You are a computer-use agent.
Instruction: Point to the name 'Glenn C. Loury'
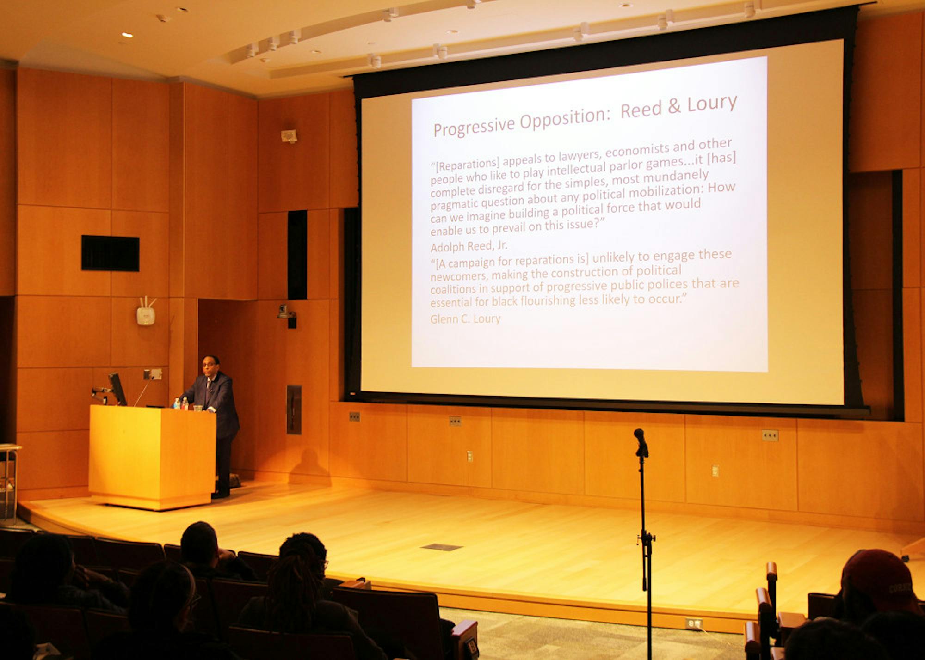[465, 319]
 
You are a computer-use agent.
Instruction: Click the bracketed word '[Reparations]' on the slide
[465, 165]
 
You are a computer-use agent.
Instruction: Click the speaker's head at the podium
[210, 365]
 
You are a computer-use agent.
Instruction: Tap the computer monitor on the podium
[117, 388]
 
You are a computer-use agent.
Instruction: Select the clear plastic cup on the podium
[198, 408]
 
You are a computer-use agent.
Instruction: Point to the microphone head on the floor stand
[641, 442]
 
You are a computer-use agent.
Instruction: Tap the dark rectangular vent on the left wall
[110, 253]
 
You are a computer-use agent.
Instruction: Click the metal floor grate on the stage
[442, 547]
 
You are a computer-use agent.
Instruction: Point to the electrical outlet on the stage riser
[693, 623]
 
